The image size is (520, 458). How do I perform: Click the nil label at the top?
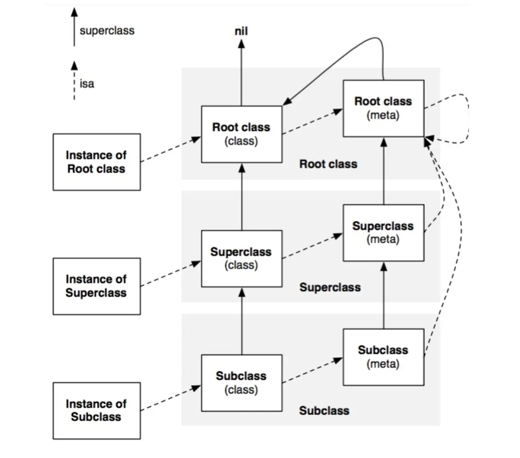[241, 31]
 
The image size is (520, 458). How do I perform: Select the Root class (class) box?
[242, 134]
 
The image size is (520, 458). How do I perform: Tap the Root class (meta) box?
[383, 108]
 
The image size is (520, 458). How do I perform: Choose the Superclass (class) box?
[242, 258]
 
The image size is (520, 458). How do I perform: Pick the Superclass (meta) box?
[383, 233]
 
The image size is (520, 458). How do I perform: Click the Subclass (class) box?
[242, 383]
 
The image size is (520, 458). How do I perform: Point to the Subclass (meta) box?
[383, 357]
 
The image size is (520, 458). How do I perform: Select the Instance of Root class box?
[97, 162]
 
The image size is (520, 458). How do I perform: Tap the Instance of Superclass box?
[97, 286]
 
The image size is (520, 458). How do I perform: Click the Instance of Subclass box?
[97, 411]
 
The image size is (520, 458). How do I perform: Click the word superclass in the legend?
[107, 31]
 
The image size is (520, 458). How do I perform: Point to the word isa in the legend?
[87, 84]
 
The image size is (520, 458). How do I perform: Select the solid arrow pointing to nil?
[241, 73]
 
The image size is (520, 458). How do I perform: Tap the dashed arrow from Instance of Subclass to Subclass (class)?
[171, 398]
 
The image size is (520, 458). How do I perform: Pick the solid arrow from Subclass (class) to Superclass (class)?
[242, 321]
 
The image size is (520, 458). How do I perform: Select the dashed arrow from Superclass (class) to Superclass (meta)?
[312, 245]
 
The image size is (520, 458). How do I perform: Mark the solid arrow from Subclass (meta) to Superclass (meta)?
[384, 296]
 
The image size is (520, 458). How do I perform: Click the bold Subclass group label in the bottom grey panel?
[324, 411]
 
